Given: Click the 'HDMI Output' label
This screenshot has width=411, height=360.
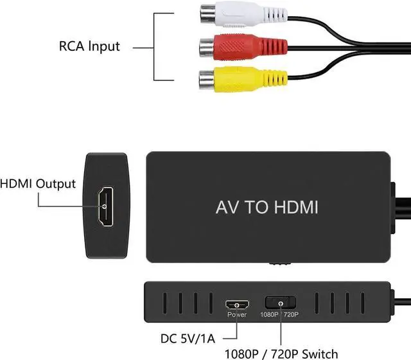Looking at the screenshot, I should (39, 184).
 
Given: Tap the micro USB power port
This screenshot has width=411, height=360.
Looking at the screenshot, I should (236, 303).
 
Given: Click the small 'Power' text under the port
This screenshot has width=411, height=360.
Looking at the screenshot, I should (236, 316).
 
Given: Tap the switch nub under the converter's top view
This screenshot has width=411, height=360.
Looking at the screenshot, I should (279, 264).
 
